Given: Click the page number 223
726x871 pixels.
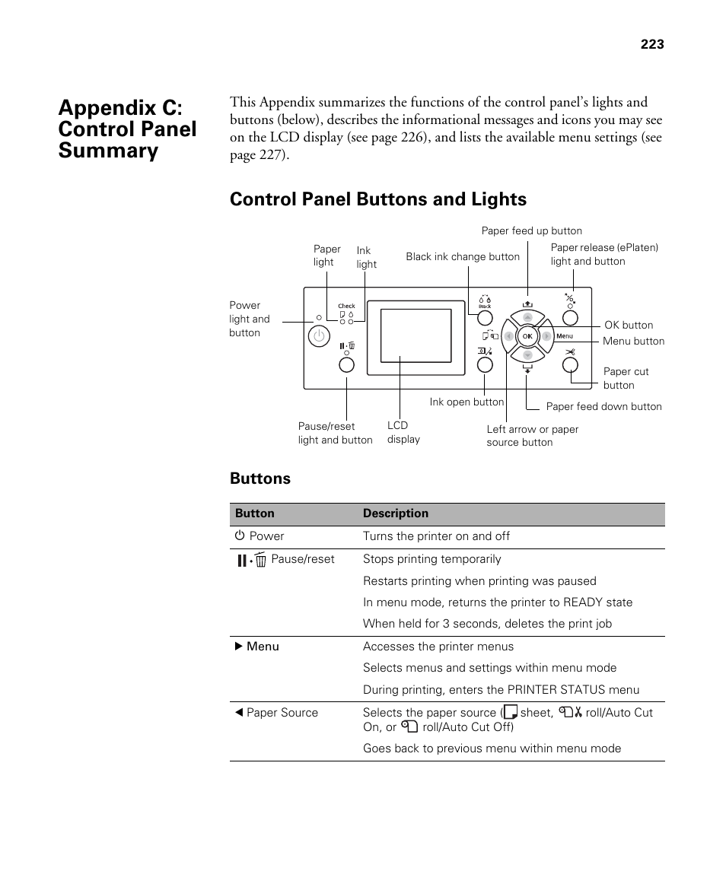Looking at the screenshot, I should tap(651, 45).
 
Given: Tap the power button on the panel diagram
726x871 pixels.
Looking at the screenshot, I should tap(319, 335).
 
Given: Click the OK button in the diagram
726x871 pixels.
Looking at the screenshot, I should tap(527, 336).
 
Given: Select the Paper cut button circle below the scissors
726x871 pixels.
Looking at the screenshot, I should tap(570, 365).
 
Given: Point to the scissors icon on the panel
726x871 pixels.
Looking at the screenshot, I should tap(570, 351).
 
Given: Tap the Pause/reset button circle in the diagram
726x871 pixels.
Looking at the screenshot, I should tap(346, 365).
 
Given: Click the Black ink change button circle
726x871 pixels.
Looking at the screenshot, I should tap(485, 318).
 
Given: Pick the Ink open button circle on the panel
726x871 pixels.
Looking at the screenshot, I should tap(485, 365).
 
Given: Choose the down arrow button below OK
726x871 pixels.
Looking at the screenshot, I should tap(527, 355).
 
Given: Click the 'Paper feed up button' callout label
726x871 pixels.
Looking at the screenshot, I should tap(531, 231).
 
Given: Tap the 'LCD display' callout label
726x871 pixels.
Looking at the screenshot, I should tap(403, 433).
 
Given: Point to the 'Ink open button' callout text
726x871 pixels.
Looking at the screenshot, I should tap(466, 402).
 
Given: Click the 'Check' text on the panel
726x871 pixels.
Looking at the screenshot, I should tap(346, 306).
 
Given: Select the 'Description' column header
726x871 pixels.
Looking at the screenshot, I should tap(395, 514).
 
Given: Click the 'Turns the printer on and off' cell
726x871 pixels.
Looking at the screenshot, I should tap(436, 536).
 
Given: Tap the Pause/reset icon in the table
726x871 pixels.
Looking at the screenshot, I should tap(251, 561).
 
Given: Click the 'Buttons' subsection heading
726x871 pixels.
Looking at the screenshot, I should tap(260, 478).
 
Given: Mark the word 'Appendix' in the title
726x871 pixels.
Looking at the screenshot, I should tap(115, 107).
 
